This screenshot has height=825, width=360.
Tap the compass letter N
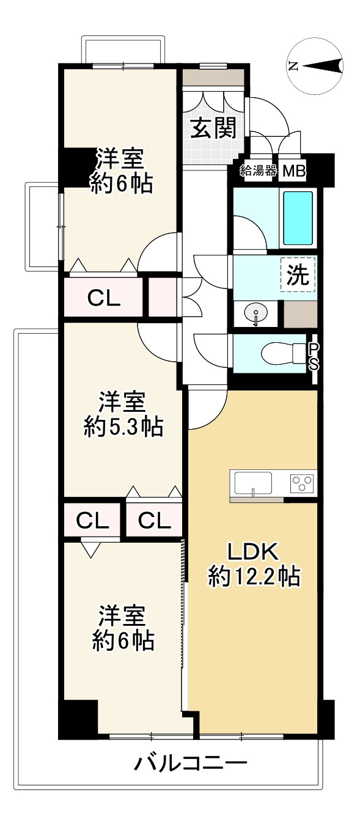click(x=293, y=65)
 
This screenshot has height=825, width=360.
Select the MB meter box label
click(x=294, y=171)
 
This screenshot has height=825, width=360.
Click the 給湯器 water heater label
click(x=259, y=170)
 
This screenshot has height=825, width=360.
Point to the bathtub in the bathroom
click(x=298, y=219)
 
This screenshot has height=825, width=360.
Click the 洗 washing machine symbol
click(x=298, y=274)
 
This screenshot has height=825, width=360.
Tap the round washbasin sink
click(x=255, y=313)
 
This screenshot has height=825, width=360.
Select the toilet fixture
click(x=284, y=354)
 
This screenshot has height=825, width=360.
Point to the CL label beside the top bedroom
click(x=104, y=298)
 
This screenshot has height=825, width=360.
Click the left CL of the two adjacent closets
click(x=92, y=521)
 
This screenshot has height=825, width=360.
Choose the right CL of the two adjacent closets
click(x=155, y=521)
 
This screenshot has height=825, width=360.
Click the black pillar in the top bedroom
click(x=78, y=167)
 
